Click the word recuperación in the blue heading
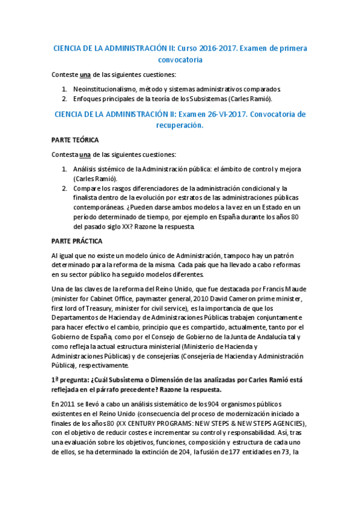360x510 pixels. [178, 126]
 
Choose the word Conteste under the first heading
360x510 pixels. [65, 75]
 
